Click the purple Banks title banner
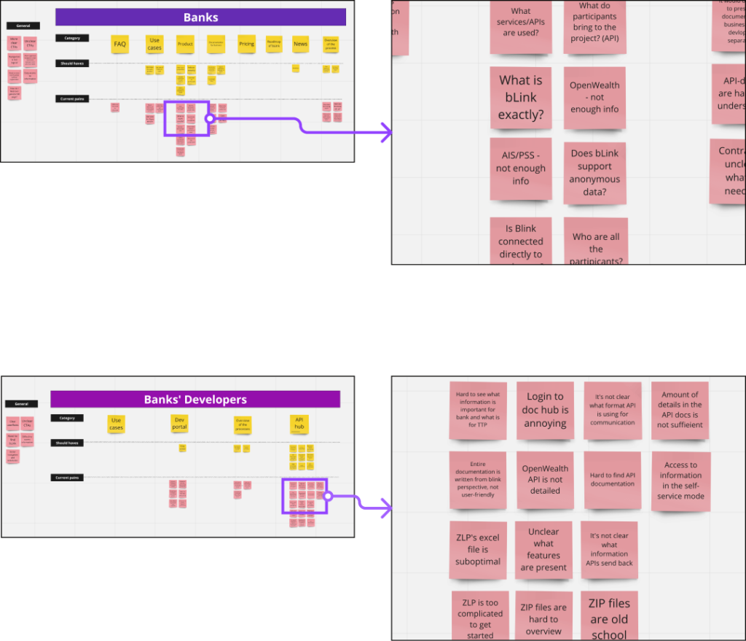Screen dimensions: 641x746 tap(200, 18)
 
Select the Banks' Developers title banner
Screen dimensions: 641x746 tap(195, 399)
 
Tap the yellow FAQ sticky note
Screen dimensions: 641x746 tap(120, 44)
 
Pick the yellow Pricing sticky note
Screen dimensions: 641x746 tap(247, 44)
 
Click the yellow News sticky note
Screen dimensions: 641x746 tap(300, 44)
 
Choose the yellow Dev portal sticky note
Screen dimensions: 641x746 tap(179, 423)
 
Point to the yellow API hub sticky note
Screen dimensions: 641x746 tap(299, 423)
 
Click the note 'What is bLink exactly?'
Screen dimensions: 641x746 tap(521, 98)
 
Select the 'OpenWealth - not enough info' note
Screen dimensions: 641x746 tap(594, 98)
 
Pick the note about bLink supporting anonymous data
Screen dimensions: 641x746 tap(594, 173)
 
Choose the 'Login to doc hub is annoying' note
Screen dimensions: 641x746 tap(545, 410)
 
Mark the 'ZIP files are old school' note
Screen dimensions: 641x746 tap(609, 617)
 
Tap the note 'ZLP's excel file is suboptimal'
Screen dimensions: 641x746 tap(478, 549)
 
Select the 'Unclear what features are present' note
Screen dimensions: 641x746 tap(543, 549)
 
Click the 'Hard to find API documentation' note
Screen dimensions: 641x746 tap(612, 479)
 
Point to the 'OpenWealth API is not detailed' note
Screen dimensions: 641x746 tap(545, 479)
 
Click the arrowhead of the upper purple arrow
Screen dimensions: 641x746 tap(385, 132)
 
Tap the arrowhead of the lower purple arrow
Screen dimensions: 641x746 tap(385, 508)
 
